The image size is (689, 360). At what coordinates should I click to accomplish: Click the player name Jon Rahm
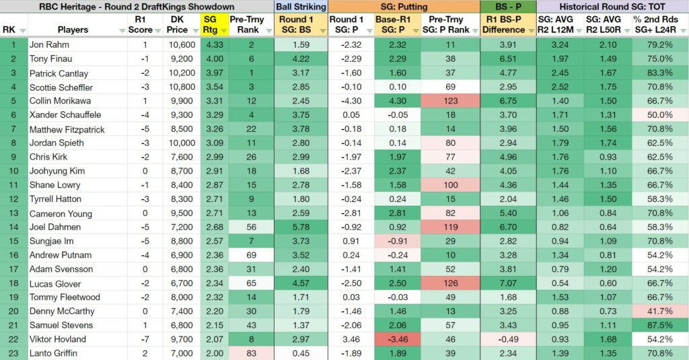pos(49,45)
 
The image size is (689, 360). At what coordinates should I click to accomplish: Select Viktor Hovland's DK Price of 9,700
pos(182,339)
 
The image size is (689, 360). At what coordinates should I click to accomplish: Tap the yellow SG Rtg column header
pos(211,25)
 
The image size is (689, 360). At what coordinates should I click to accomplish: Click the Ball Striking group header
pos(301,7)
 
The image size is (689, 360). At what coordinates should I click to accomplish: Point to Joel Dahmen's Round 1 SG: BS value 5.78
pos(301,227)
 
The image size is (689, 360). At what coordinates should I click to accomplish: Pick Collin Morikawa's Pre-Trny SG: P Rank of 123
pos(450,101)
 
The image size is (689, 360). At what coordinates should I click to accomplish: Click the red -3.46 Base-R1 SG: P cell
pos(397,339)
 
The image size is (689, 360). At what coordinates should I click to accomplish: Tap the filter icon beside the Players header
pos(122,31)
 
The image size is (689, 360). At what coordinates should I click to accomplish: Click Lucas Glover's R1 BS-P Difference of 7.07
pos(508,283)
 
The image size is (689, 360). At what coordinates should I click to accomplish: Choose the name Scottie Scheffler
pos(61,87)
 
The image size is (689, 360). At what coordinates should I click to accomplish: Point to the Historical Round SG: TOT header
pos(612,7)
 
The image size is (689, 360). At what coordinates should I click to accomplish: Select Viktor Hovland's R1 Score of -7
pos(145,339)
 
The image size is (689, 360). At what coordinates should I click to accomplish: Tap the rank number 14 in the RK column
pos(13,227)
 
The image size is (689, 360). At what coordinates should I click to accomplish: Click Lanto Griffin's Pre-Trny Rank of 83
pos(252,353)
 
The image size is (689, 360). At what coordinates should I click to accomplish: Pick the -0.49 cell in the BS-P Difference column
pos(508,339)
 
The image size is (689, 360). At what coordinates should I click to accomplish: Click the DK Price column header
pos(178,25)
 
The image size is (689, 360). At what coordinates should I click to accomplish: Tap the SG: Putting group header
pos(404,7)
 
